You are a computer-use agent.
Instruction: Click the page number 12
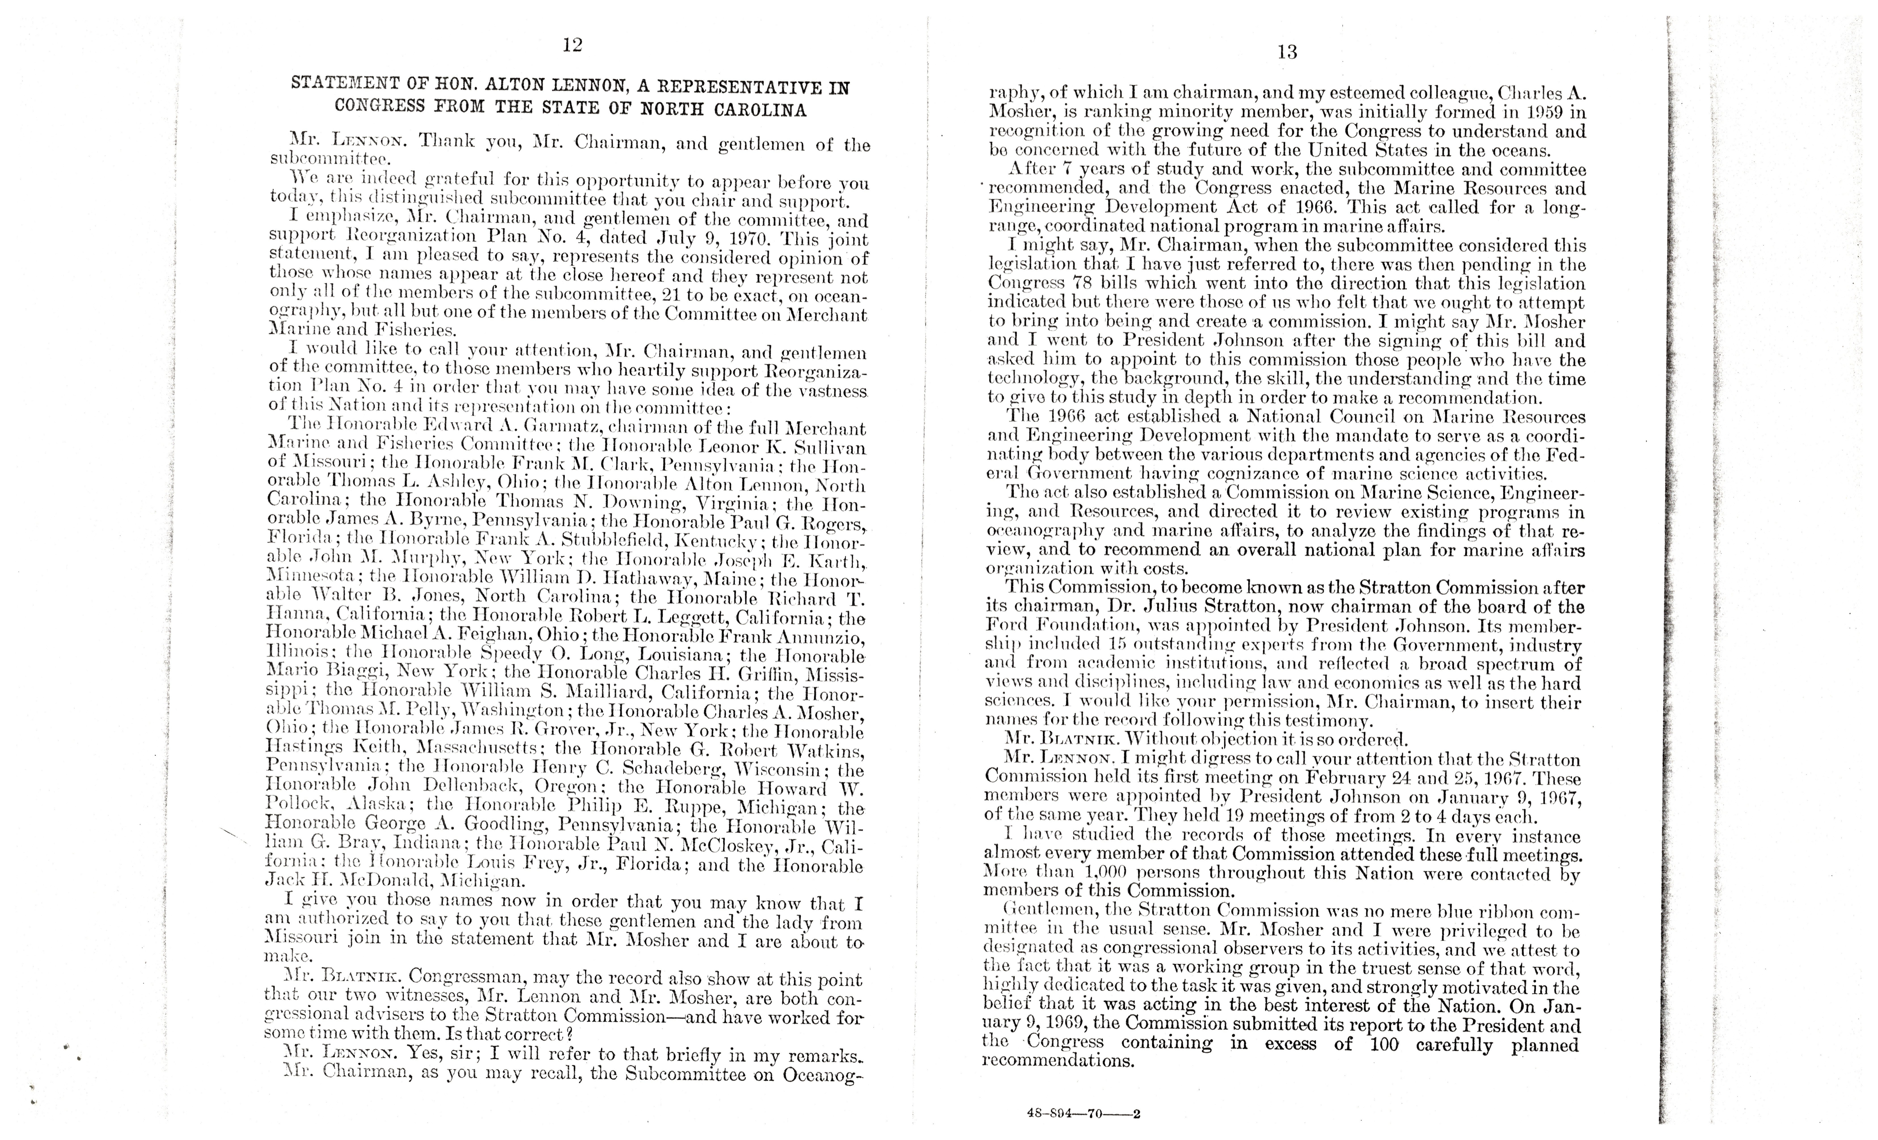pos(572,45)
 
